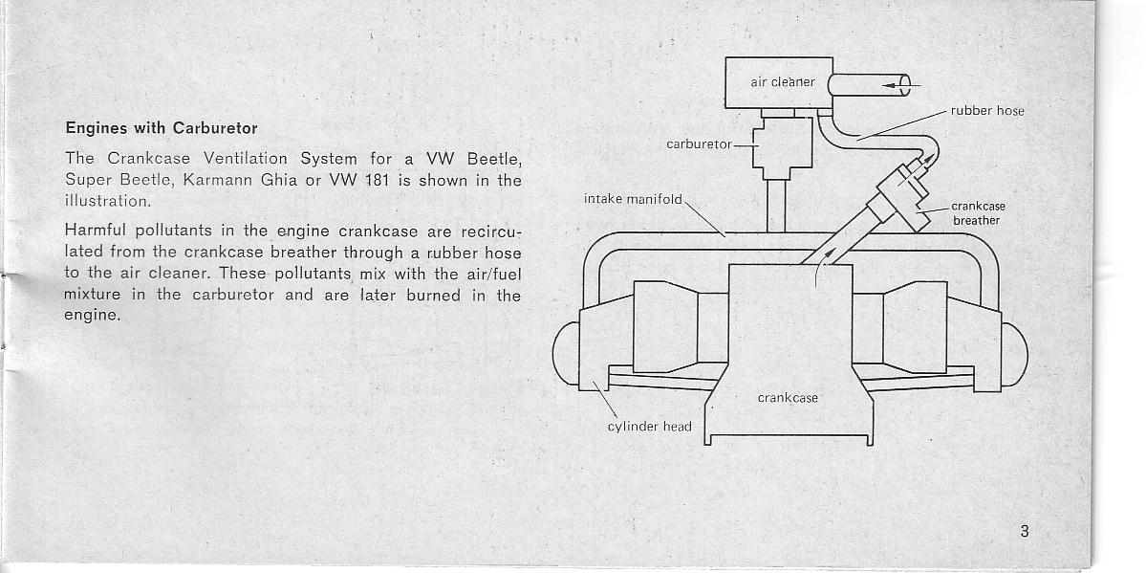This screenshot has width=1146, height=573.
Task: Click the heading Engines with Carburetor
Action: point(162,129)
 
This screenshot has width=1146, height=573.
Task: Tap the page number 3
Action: point(1024,532)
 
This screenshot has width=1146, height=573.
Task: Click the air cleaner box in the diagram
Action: point(778,82)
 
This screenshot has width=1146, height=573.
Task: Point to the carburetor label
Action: point(698,144)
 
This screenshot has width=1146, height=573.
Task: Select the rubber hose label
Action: point(986,111)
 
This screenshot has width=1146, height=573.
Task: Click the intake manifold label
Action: point(633,198)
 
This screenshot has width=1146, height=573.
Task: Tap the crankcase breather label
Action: point(977,213)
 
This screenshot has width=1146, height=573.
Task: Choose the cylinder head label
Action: point(650,427)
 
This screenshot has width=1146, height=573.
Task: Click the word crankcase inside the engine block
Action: point(788,398)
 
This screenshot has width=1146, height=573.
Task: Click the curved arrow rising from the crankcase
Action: point(821,267)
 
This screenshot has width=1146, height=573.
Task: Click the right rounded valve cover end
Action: point(1014,354)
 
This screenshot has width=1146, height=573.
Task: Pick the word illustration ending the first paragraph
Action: point(107,199)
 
